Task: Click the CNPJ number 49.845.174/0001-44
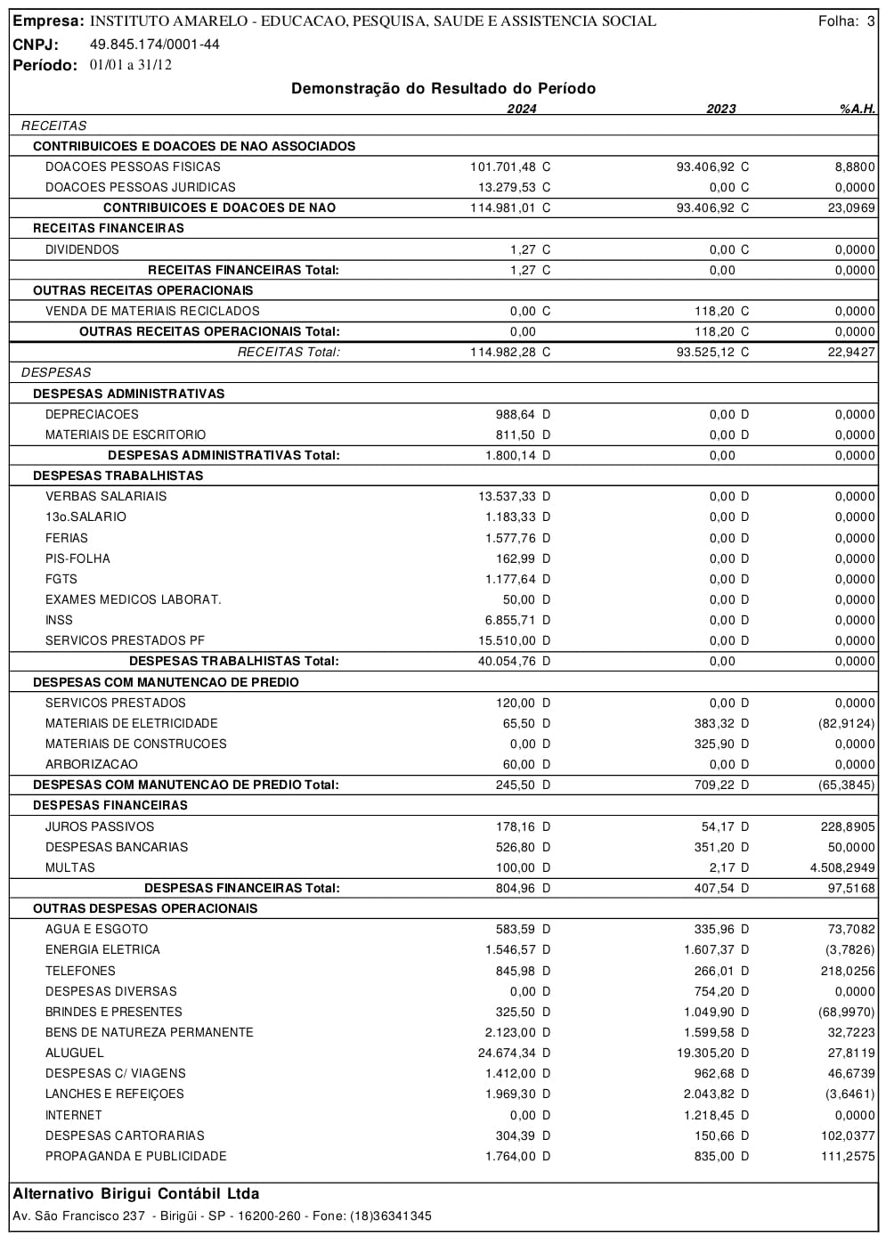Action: click(x=155, y=45)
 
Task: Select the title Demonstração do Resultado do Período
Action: click(x=443, y=88)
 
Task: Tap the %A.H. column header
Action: click(x=857, y=109)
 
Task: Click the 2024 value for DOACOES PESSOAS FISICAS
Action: click(x=504, y=167)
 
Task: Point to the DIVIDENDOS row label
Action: click(x=82, y=249)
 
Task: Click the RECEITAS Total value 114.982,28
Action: click(x=504, y=352)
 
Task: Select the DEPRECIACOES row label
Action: click(x=92, y=414)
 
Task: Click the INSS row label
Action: click(x=59, y=620)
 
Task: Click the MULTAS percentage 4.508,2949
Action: click(x=842, y=867)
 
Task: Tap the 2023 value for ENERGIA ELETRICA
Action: click(x=711, y=949)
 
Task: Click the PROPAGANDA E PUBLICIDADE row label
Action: click(x=136, y=1156)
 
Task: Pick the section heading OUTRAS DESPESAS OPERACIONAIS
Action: click(x=145, y=908)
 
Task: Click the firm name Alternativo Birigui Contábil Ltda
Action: click(x=136, y=1193)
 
